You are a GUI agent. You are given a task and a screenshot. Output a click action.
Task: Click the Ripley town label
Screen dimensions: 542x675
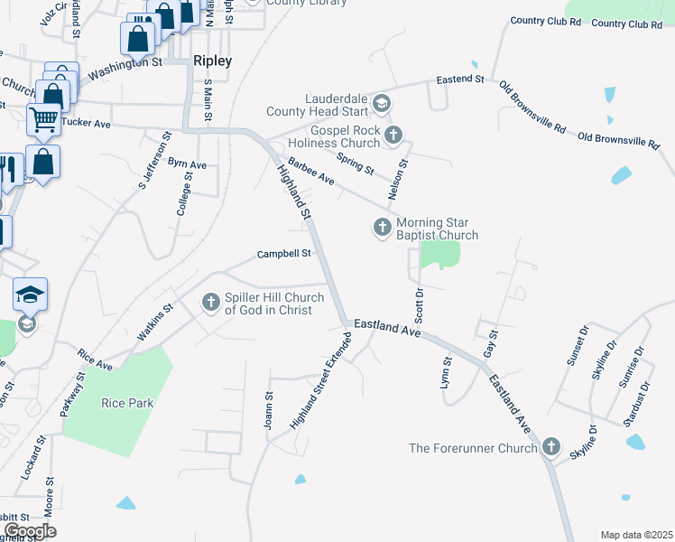[x=212, y=61]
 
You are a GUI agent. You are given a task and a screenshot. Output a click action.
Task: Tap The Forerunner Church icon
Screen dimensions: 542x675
[x=551, y=447]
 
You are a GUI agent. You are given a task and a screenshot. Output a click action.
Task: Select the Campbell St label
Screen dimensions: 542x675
[x=283, y=254]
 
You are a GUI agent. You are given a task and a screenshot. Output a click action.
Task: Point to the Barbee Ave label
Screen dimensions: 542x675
[x=311, y=173]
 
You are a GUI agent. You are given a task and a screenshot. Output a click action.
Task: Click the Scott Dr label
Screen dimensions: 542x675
[x=419, y=309]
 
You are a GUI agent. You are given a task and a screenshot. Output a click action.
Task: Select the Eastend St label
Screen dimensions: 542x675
[x=460, y=79]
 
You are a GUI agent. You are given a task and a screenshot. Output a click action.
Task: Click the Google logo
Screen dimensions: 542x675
[x=30, y=531]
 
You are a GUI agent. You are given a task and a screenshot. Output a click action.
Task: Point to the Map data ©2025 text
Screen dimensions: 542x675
[x=635, y=535]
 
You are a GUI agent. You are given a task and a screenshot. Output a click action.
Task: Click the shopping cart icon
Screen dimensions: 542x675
[x=42, y=118]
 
